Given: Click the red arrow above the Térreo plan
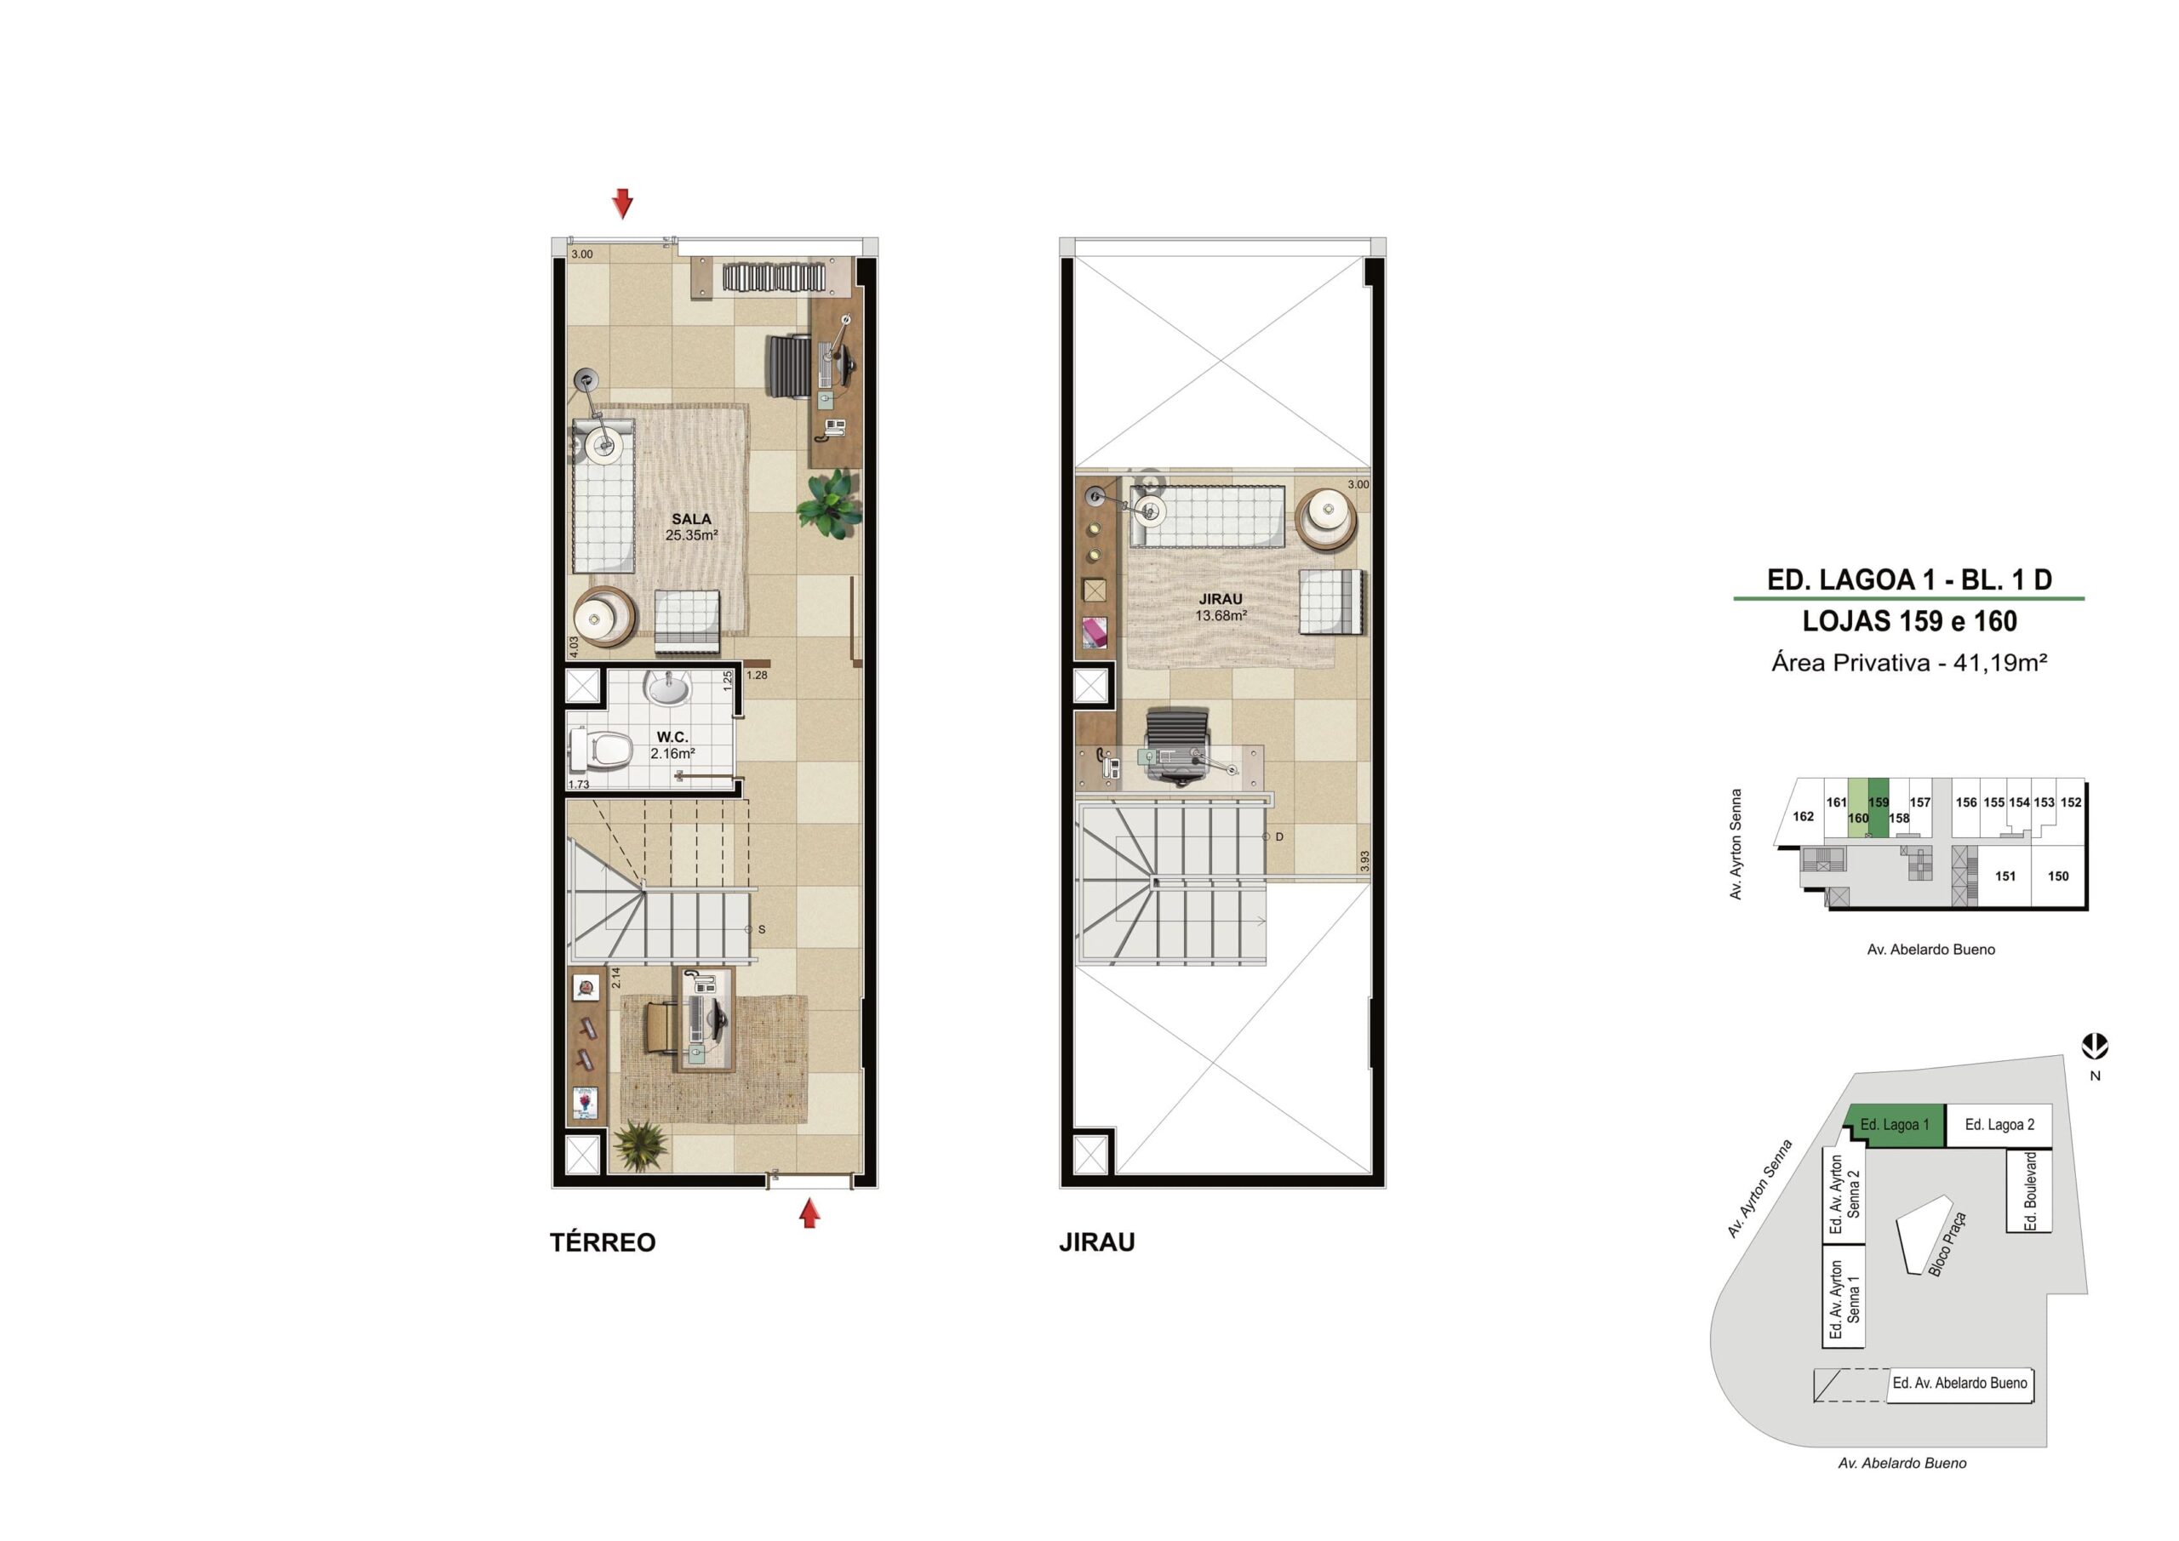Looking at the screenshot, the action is (x=622, y=203).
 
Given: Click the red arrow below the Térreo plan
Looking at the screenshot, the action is (x=809, y=1213).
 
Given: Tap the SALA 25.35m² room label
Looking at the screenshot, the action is (x=691, y=527).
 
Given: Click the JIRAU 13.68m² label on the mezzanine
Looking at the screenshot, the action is (x=1221, y=608).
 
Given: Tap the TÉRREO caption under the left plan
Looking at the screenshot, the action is (x=603, y=1243).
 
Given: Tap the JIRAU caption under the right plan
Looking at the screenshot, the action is (x=1097, y=1243).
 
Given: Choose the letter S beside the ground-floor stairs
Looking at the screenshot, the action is (x=761, y=929).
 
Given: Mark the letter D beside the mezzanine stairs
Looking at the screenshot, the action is (x=1279, y=837).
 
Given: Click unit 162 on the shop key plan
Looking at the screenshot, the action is (x=1803, y=816).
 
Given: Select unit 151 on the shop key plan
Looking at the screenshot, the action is (x=2005, y=876).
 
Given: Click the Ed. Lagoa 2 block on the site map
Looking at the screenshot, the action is (x=1999, y=1126).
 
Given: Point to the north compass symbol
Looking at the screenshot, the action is (x=2096, y=1047).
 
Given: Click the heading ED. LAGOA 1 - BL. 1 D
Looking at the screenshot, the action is (x=1909, y=579).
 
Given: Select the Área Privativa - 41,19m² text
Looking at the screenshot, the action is (x=1908, y=662).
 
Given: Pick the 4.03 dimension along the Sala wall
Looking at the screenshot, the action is (x=573, y=646).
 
